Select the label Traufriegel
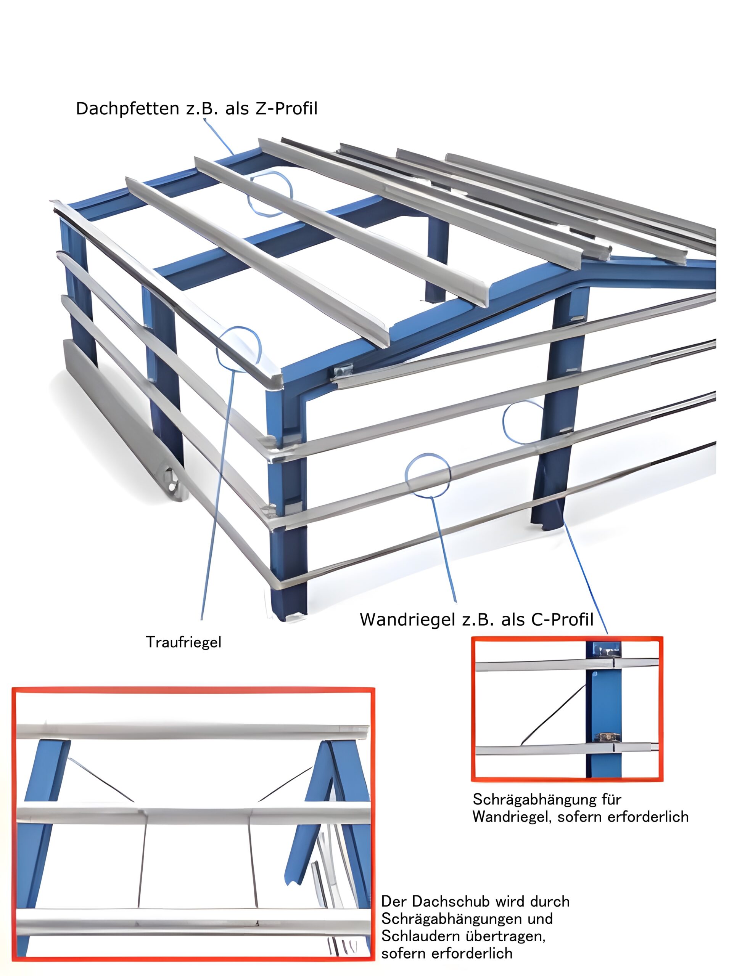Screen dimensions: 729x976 [x=183, y=642]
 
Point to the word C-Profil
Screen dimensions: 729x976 [x=563, y=620]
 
